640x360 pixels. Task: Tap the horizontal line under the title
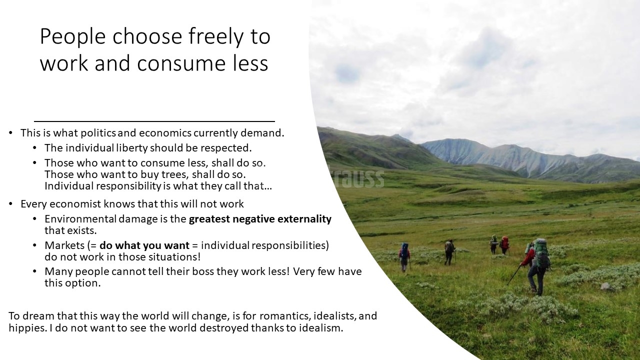coord(154,121)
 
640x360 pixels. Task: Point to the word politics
coord(98,133)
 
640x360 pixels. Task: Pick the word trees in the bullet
coord(174,174)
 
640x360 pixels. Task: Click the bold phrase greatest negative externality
coord(260,219)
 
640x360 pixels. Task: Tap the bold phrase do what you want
coord(144,245)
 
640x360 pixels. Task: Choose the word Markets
coord(64,245)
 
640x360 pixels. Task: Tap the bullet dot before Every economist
coord(10,203)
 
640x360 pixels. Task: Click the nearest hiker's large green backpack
coord(541,253)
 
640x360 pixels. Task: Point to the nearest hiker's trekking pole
coord(514,275)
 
